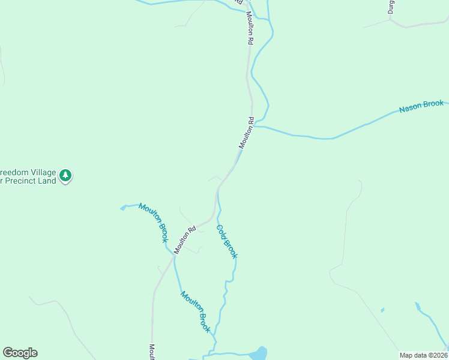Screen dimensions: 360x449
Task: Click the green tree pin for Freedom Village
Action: (65, 176)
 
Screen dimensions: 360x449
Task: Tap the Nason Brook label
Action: (421, 107)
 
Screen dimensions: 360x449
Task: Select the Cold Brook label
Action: (227, 241)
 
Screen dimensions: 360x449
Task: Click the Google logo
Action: (20, 353)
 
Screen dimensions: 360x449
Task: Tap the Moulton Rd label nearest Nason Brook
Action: (247, 133)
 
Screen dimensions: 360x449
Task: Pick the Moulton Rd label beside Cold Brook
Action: (185, 239)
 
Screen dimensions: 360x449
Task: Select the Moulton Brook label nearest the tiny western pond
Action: (153, 222)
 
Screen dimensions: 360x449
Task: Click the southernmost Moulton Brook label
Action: (196, 312)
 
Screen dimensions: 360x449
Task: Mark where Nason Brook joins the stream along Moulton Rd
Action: (255, 126)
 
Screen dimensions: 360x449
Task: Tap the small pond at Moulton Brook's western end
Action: (124, 208)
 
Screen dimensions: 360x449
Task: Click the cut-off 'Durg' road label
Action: (391, 7)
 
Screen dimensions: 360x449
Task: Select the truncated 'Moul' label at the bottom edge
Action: (152, 351)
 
